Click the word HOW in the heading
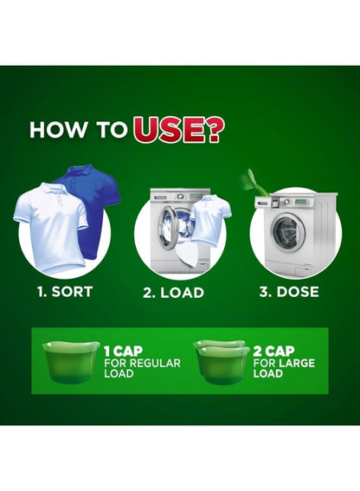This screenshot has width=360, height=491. point(58,129)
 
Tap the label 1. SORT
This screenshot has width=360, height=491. point(65,292)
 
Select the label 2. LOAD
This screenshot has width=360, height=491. point(173,293)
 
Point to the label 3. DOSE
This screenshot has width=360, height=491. point(289,292)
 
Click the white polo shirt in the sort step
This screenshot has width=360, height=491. point(53,227)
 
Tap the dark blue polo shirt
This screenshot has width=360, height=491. point(95,204)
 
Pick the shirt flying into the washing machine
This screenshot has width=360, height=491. point(210,218)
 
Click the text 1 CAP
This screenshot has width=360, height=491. point(123,352)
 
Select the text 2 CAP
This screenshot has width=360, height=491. point(273,351)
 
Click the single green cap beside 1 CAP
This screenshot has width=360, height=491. point(70,362)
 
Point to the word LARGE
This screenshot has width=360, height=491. point(297,363)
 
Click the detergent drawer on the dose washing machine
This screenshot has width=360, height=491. point(263,203)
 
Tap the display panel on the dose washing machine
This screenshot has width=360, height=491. point(304,201)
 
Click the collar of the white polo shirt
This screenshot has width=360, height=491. point(52,189)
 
